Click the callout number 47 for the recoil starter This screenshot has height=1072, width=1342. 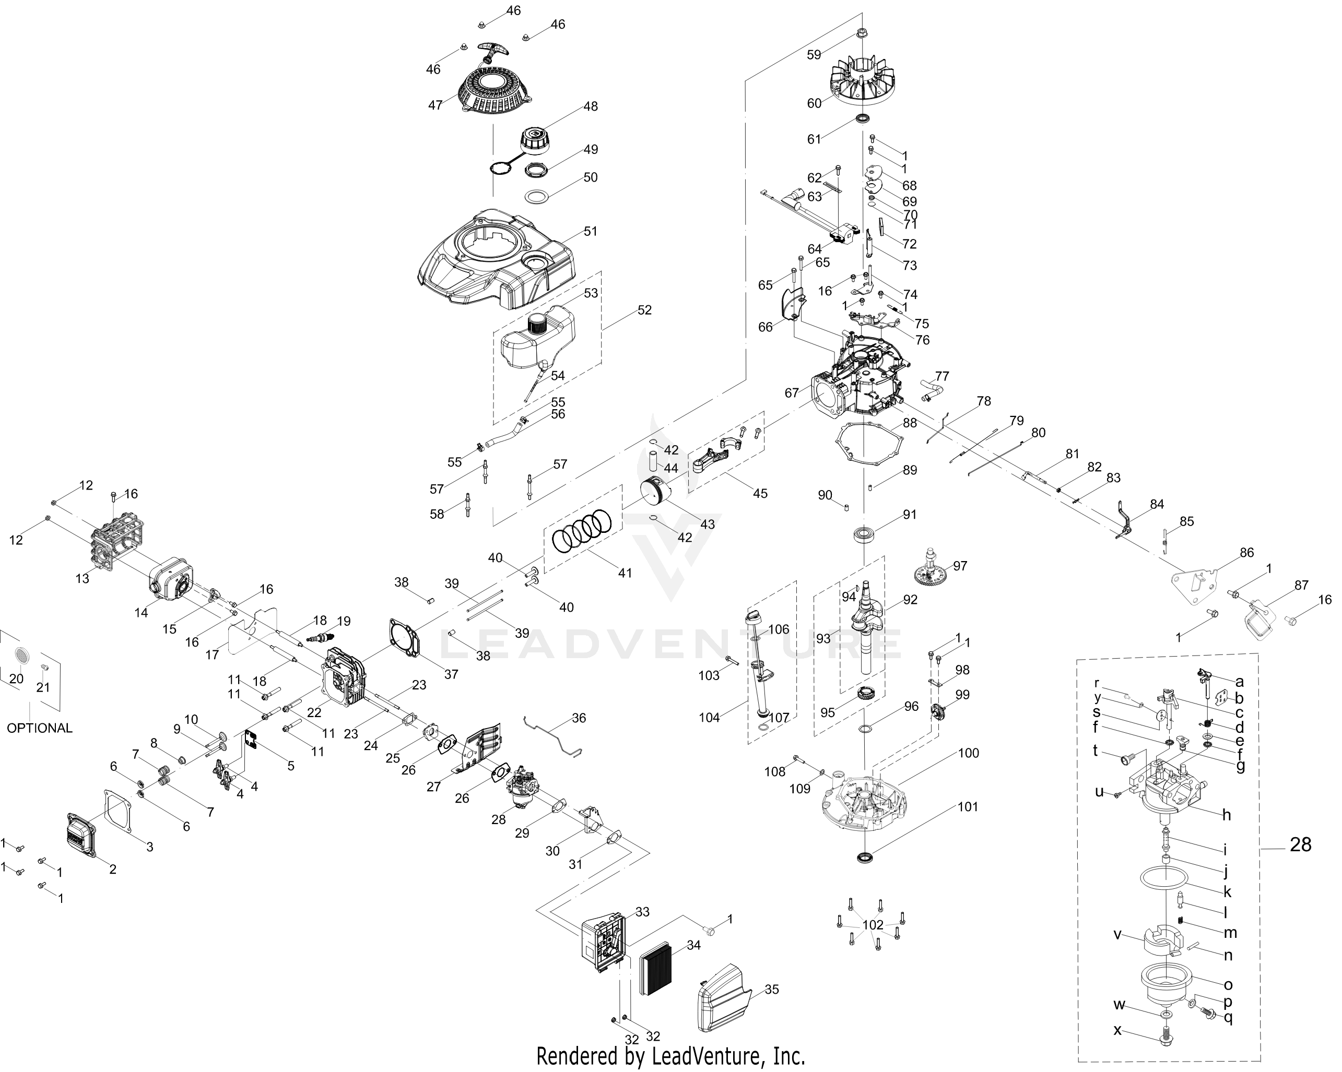435,105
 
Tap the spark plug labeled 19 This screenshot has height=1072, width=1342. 322,638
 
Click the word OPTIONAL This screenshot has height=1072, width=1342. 39,728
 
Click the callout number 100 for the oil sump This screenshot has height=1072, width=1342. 969,754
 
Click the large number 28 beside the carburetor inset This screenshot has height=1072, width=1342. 1300,845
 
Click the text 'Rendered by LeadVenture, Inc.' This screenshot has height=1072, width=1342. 670,1056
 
